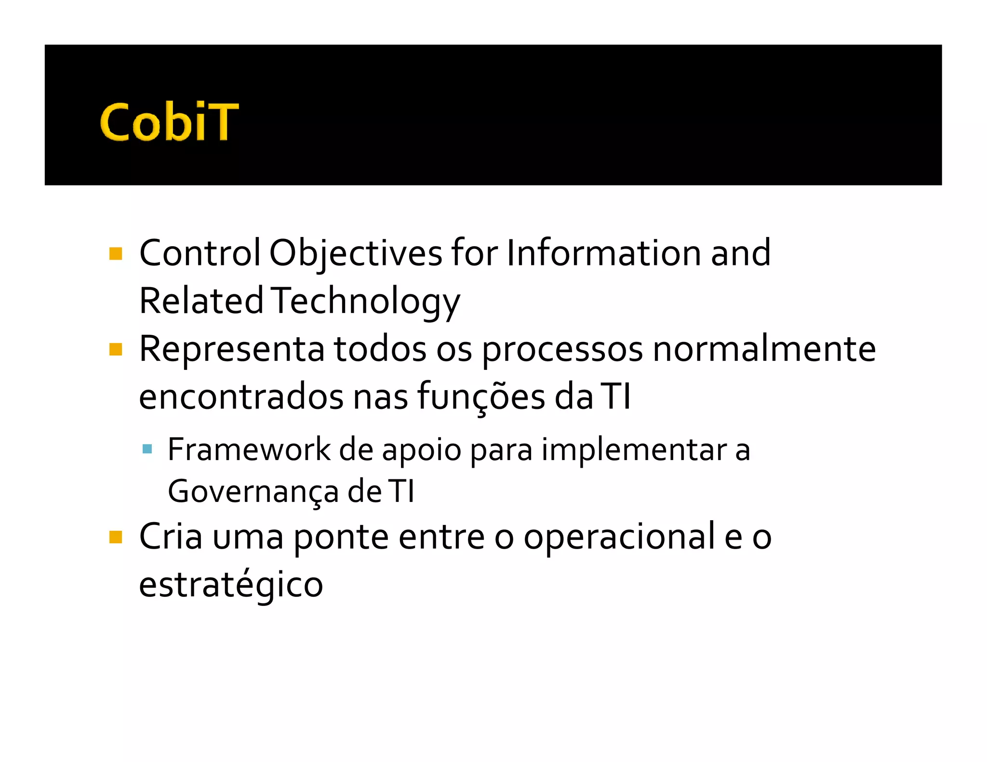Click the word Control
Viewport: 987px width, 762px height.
point(200,253)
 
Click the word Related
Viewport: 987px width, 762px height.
point(201,301)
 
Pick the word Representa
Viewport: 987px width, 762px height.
point(231,349)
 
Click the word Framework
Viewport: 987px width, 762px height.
point(249,450)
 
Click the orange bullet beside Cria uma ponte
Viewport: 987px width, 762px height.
point(116,537)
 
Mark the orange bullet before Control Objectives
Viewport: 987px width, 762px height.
point(116,253)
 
